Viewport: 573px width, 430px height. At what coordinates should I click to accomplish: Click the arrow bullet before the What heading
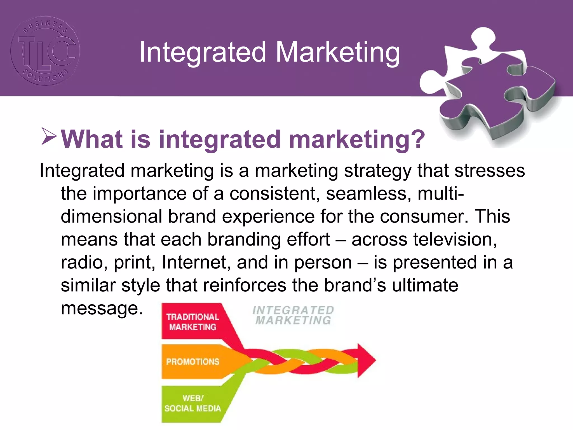click(x=49, y=136)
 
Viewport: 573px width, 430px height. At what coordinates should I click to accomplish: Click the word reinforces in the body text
click(x=245, y=285)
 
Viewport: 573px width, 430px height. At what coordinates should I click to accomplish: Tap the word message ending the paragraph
click(x=102, y=308)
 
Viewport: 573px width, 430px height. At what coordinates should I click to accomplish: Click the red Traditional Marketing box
click(x=193, y=322)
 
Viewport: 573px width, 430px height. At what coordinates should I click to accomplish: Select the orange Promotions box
click(x=193, y=362)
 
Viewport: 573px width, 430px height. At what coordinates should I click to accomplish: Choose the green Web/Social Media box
click(x=193, y=403)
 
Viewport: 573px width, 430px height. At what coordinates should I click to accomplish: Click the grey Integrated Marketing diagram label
click(x=293, y=315)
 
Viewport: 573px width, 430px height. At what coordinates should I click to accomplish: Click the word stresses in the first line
click(x=490, y=170)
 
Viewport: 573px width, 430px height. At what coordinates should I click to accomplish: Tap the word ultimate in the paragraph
click(x=425, y=285)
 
